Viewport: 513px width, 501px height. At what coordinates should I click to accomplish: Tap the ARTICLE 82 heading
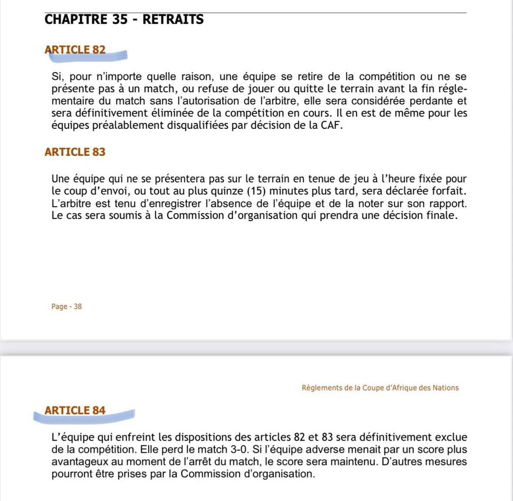(75, 50)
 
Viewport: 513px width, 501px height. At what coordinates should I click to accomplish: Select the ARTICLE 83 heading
(75, 152)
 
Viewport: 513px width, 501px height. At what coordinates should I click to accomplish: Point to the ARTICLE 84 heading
(75, 410)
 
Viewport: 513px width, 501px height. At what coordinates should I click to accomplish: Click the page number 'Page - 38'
(66, 307)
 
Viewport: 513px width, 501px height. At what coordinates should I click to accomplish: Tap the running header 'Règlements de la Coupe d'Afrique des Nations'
(380, 388)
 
